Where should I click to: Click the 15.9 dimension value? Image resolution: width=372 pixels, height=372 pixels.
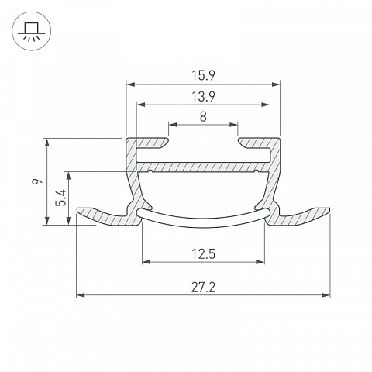tap(203, 75)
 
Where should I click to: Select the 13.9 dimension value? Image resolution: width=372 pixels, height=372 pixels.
tap(203, 97)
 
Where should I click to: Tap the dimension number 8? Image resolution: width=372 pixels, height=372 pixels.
tap(203, 117)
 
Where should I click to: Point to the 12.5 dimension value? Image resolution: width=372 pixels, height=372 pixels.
tap(203, 254)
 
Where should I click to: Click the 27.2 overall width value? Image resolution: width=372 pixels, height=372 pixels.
tap(203, 288)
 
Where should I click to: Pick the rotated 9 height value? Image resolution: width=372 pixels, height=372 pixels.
tap(37, 181)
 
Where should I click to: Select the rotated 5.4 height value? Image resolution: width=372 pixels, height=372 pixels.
tap(61, 198)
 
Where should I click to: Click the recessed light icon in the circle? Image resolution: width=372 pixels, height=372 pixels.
tap(32, 31)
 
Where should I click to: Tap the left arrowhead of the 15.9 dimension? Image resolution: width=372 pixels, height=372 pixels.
tap(131, 84)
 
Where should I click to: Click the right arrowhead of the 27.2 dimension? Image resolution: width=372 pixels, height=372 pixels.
tap(325, 295)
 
